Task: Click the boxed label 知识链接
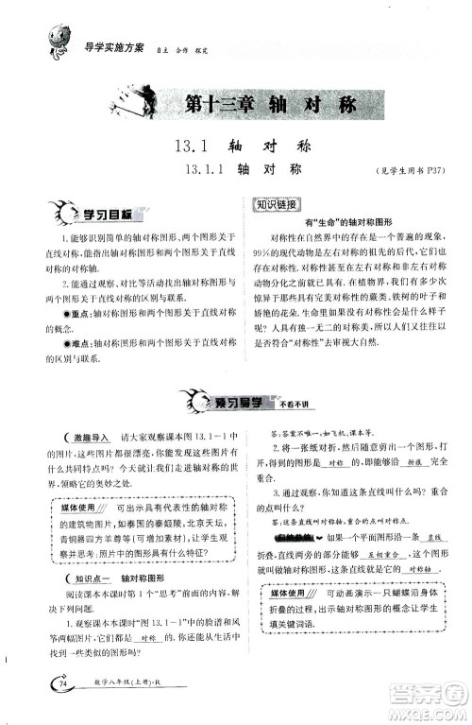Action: pos(277,204)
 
